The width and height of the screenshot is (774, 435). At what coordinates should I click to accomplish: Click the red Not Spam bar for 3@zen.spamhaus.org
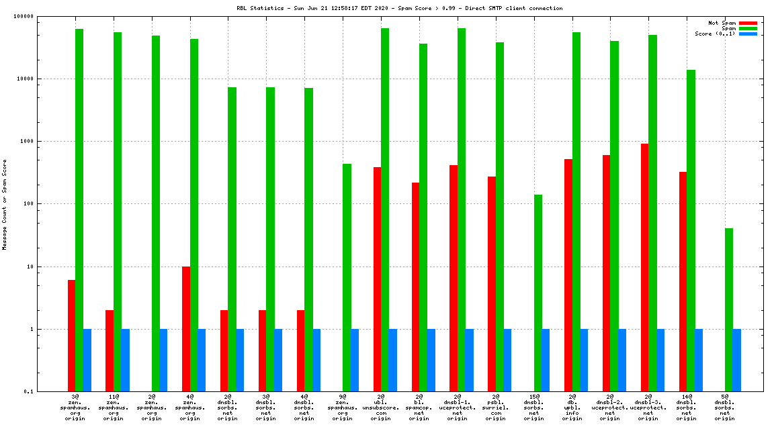click(x=71, y=336)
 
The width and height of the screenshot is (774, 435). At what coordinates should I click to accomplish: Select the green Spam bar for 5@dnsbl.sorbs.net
click(x=729, y=309)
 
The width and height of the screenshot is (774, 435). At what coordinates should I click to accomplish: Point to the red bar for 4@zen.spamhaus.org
click(x=186, y=329)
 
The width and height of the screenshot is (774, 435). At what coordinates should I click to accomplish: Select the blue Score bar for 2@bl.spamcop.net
click(x=431, y=360)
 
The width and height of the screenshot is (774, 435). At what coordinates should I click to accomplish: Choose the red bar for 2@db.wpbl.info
click(x=568, y=275)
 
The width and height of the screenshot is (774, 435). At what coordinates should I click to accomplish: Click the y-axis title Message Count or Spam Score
click(x=5, y=204)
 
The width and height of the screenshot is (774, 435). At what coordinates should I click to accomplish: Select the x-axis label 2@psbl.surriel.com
click(x=496, y=407)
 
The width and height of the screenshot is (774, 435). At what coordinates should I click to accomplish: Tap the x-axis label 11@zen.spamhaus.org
click(x=114, y=407)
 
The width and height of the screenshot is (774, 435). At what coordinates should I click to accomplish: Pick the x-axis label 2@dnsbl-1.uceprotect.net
click(x=458, y=407)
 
